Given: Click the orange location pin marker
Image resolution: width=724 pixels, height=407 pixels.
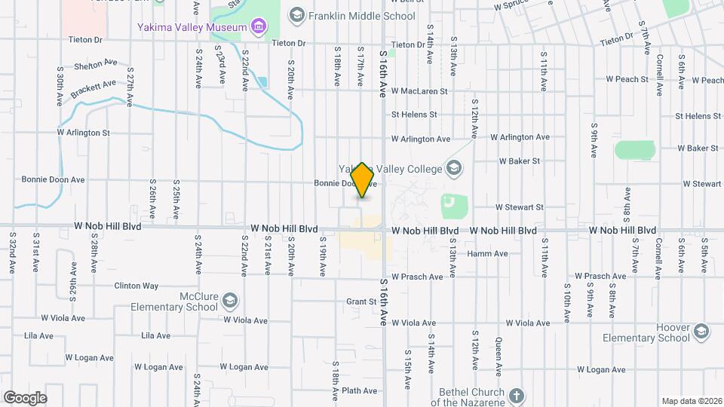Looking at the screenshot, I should click(363, 180).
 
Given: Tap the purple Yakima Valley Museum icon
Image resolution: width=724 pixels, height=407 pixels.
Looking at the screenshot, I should click(259, 28).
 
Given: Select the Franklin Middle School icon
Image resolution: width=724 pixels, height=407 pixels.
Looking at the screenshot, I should click(297, 16).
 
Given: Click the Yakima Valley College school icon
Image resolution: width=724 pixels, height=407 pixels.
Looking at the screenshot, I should click(454, 168).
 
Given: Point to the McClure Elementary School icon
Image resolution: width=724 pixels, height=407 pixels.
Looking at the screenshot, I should click(229, 302).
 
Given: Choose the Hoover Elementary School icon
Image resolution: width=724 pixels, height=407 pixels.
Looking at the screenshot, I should click(701, 332).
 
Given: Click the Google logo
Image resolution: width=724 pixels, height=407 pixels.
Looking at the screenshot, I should click(25, 398).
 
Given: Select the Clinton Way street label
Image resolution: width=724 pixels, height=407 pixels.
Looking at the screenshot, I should click(136, 286).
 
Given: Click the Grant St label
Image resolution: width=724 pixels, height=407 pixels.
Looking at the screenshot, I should click(361, 302).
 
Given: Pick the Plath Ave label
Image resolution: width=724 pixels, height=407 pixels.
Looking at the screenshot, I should click(359, 390).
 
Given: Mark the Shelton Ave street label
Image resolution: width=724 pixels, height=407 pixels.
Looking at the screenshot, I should click(96, 64).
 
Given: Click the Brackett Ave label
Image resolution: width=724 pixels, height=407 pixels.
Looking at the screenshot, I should click(94, 88).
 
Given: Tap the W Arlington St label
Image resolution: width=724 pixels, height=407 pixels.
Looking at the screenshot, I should click(84, 133).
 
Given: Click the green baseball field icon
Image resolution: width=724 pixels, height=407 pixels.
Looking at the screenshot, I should click(450, 203).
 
